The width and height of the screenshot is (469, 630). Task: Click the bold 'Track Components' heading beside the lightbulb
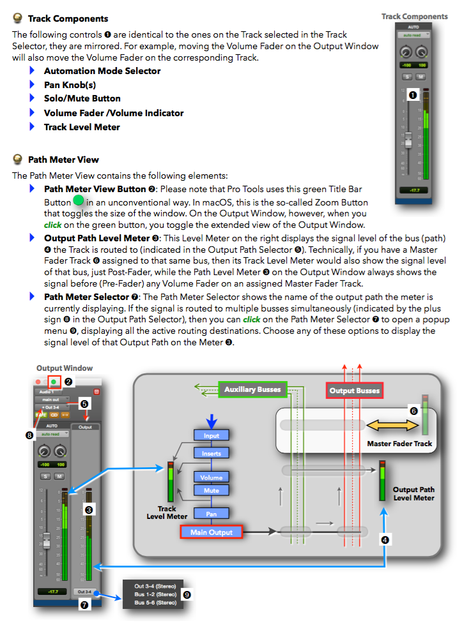(x=68, y=19)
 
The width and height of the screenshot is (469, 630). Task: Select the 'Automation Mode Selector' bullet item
(x=102, y=71)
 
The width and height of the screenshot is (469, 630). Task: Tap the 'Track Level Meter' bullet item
(x=82, y=127)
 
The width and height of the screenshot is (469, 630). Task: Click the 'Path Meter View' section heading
(x=63, y=160)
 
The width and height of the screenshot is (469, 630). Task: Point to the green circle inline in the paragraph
(x=79, y=202)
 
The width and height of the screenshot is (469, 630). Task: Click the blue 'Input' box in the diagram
(x=211, y=435)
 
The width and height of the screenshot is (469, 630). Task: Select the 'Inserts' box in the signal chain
(x=211, y=453)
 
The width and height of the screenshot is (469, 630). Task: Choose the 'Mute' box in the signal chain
(x=211, y=490)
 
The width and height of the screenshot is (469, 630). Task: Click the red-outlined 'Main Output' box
(x=211, y=532)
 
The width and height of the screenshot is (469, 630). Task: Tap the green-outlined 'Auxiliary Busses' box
(x=252, y=389)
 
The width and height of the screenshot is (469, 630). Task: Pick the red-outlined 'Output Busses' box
(x=354, y=390)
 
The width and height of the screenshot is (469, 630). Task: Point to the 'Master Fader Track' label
(x=399, y=444)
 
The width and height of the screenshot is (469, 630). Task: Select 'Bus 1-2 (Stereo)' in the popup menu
(x=155, y=594)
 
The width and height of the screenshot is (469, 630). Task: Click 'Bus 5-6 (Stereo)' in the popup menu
(x=155, y=603)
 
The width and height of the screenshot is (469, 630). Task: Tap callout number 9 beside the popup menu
(x=187, y=594)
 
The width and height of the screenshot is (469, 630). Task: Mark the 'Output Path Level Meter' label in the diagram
(x=413, y=494)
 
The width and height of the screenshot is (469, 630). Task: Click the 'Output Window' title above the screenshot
(x=64, y=368)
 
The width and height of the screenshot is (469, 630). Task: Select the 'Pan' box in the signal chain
(x=211, y=513)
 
